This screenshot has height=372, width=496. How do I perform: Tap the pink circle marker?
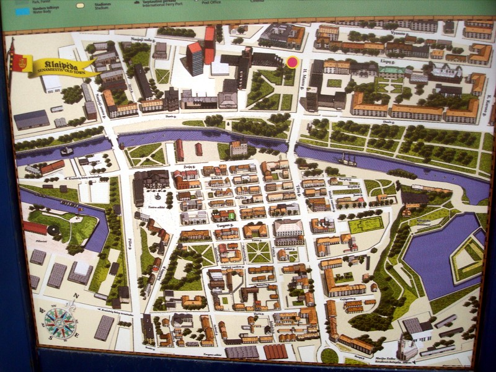click(292, 62)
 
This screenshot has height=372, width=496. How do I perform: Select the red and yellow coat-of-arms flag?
click(19, 63)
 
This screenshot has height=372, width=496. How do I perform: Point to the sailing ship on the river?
click(347, 161)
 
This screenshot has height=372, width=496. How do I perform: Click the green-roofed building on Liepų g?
click(392, 71)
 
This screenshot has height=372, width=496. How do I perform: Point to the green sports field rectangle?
click(366, 224)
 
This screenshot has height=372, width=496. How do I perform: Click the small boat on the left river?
click(66, 151)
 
